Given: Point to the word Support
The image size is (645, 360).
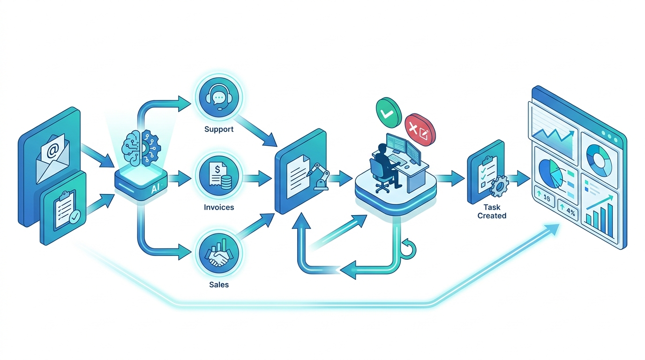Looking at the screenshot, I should (218, 129).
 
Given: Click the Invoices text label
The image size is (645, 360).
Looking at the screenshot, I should (218, 207).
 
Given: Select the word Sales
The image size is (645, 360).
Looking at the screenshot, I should (218, 285).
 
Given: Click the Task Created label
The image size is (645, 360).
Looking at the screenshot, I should (492, 211).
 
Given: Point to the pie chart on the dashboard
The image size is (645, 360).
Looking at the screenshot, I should (551, 174).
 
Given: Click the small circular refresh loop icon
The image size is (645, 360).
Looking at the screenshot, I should (408, 249).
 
